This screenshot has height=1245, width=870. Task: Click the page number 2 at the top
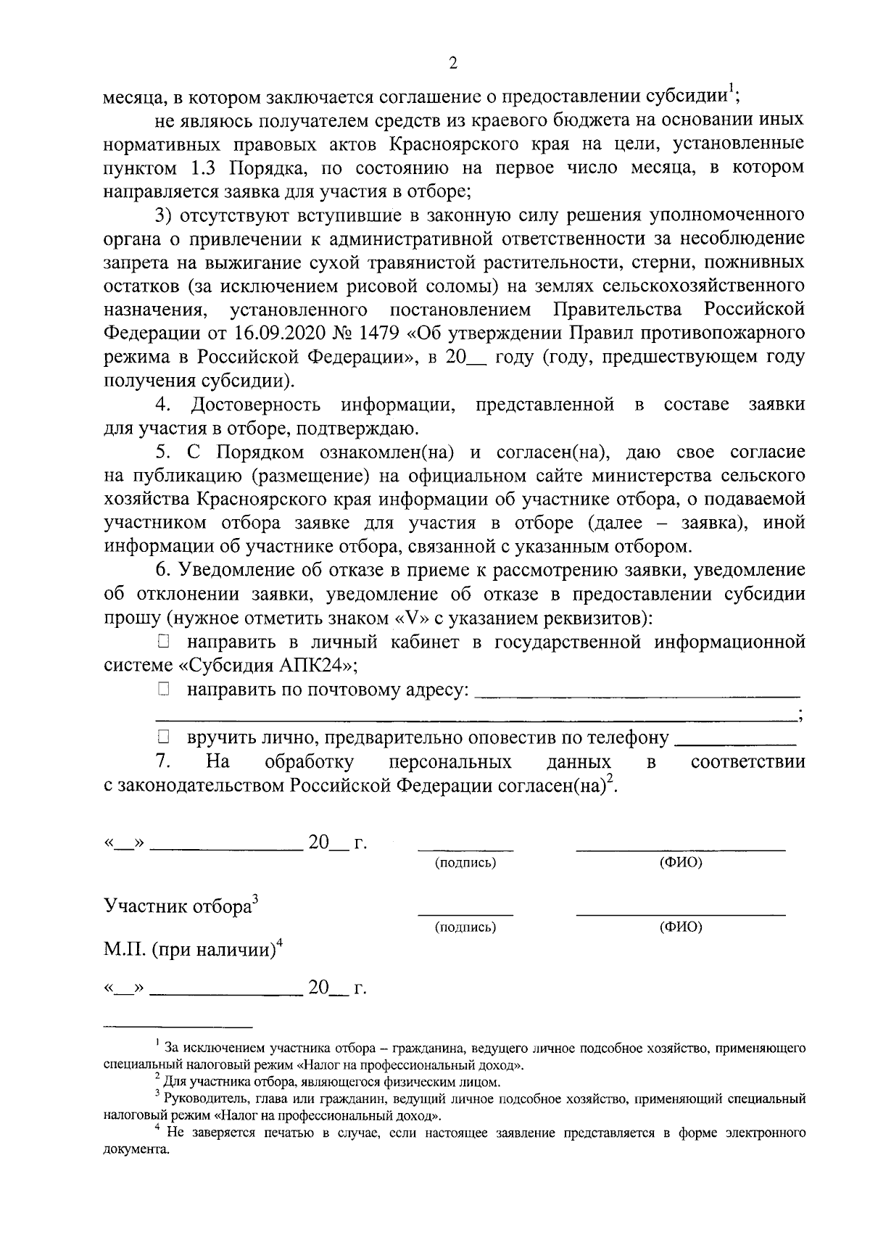tap(453, 64)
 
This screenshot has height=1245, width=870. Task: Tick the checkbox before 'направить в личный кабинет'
tap(163, 641)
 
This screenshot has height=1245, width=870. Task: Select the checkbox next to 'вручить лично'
tap(163, 738)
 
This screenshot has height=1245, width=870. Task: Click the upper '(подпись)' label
tap(465, 863)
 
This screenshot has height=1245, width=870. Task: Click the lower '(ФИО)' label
tap(680, 927)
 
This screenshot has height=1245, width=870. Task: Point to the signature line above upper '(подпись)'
tap(465, 848)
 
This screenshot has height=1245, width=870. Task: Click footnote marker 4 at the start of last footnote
tap(157, 1128)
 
